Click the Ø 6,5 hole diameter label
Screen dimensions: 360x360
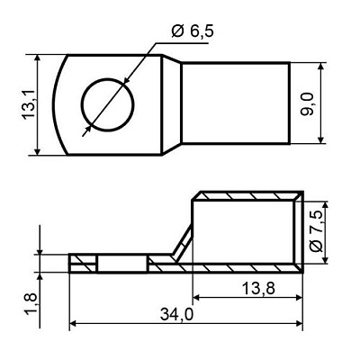point(193,31)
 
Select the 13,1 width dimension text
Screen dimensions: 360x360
point(29,105)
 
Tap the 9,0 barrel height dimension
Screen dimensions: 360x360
point(307,103)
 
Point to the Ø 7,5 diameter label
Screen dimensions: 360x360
point(316,231)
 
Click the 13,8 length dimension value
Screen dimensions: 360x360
point(258,289)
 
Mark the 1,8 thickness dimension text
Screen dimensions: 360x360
point(31,303)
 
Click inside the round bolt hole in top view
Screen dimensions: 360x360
point(108,104)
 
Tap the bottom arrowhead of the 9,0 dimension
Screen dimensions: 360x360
point(321,139)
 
